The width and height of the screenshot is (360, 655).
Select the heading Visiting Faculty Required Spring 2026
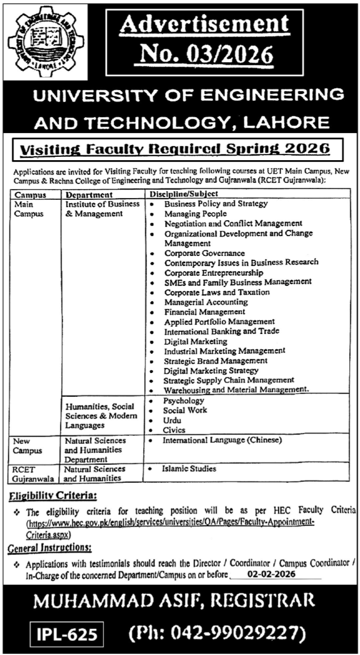coord(175,149)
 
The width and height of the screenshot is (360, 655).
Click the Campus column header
coord(27,194)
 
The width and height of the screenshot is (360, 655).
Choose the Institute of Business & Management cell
coord(93,208)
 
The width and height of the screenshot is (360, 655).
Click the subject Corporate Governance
coord(204,253)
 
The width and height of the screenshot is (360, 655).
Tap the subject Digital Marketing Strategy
coord(211,370)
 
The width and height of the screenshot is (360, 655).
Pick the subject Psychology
coord(183,400)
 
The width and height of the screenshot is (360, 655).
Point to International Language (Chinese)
coord(221,439)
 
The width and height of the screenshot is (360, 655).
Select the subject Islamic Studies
coord(188,469)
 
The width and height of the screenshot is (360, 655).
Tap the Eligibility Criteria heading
coord(53,496)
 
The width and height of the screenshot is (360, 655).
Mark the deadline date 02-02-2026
coord(272,573)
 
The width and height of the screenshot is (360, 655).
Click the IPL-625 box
coord(64,633)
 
